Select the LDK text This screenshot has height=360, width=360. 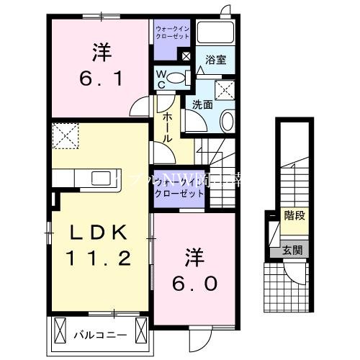click(99, 233)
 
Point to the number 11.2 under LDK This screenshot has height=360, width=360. click(99, 257)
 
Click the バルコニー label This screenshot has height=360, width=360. click(100, 335)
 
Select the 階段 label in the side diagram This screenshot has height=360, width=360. click(293, 215)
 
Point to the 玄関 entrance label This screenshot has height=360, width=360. click(292, 251)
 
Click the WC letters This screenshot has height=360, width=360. click(161, 79)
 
